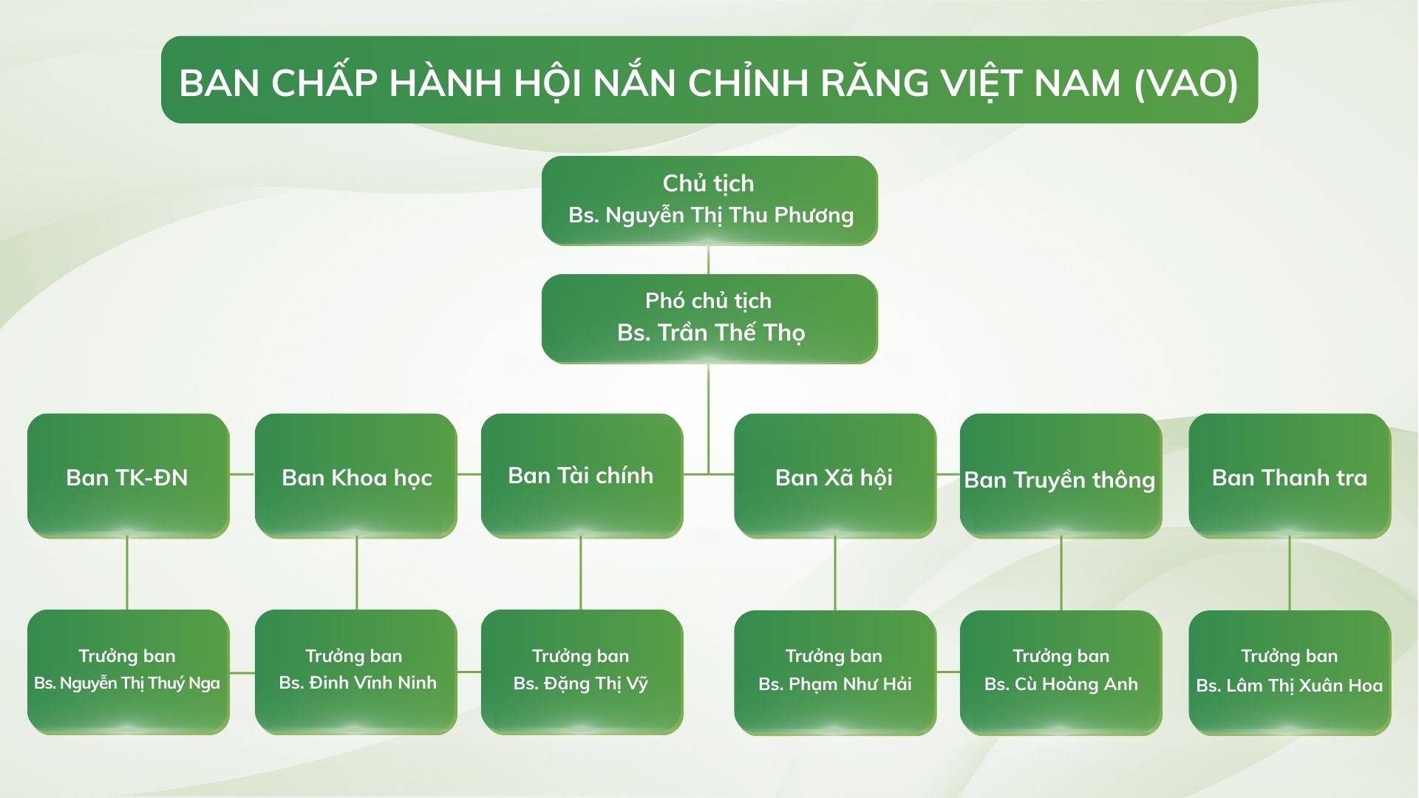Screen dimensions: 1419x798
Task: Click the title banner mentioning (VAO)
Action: (709, 80)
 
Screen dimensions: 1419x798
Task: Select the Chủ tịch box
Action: (709, 200)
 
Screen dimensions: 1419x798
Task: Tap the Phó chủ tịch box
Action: (709, 318)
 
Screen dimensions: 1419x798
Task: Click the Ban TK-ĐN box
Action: (128, 476)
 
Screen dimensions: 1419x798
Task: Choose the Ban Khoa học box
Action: (355, 476)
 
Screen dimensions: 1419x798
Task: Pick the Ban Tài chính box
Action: (582, 476)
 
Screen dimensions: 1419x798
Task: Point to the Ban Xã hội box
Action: (835, 476)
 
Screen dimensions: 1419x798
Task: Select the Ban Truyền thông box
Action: (1061, 476)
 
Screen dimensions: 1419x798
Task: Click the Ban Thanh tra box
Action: (1290, 476)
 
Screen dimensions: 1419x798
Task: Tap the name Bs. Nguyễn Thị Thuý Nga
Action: (127, 683)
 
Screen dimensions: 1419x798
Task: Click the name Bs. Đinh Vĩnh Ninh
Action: (358, 683)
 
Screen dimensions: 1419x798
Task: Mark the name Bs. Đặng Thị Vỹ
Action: (581, 683)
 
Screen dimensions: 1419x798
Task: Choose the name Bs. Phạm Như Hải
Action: (835, 684)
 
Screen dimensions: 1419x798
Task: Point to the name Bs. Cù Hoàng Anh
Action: (1061, 684)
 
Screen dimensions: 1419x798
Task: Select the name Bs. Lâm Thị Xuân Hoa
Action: (1290, 686)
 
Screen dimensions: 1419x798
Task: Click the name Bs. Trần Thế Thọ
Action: (711, 333)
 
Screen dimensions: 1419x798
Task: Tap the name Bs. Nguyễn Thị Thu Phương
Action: (711, 216)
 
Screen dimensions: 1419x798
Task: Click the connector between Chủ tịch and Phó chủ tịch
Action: (709, 259)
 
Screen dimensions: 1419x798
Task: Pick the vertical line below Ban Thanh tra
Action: (1290, 574)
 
